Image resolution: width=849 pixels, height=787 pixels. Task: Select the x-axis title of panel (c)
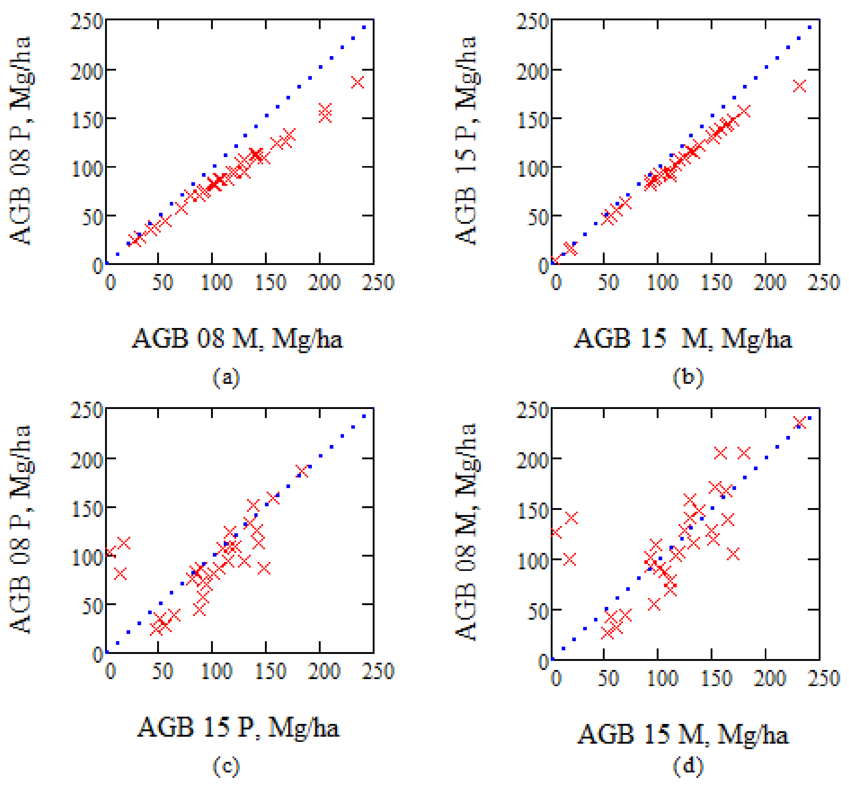pyautogui.click(x=238, y=727)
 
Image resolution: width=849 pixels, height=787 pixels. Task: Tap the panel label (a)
pyautogui.click(x=226, y=377)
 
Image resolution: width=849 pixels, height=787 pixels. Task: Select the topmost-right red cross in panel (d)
pyautogui.click(x=800, y=423)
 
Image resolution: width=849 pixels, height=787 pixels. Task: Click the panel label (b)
pyautogui.click(x=688, y=377)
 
